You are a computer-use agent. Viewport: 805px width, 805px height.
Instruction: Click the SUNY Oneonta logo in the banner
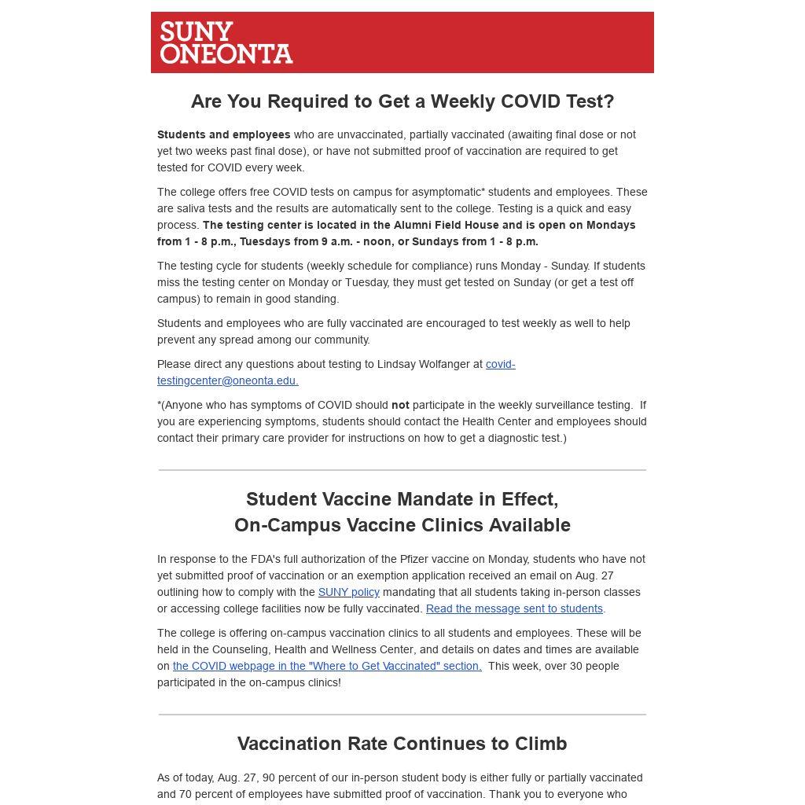pos(226,42)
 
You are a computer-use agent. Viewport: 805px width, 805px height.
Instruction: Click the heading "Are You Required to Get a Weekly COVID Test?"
pos(402,101)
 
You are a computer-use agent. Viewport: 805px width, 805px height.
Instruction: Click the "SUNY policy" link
pos(348,592)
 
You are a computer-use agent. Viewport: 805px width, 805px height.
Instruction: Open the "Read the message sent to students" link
pos(514,608)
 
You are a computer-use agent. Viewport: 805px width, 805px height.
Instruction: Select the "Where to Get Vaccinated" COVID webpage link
pos(327,666)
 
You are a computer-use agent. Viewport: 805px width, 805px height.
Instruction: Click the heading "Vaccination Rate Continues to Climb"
pos(402,744)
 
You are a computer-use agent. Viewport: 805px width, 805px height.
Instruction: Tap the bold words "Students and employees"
pos(223,134)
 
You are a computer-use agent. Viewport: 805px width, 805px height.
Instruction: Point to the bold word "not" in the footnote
pos(400,405)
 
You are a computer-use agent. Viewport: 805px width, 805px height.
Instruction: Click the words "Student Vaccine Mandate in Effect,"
pos(402,499)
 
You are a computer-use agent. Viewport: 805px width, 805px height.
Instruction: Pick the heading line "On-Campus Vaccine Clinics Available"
pos(402,525)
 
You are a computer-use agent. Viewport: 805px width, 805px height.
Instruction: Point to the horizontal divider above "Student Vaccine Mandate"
pos(402,470)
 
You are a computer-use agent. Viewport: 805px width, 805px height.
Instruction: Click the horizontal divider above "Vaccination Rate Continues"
pos(402,715)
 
